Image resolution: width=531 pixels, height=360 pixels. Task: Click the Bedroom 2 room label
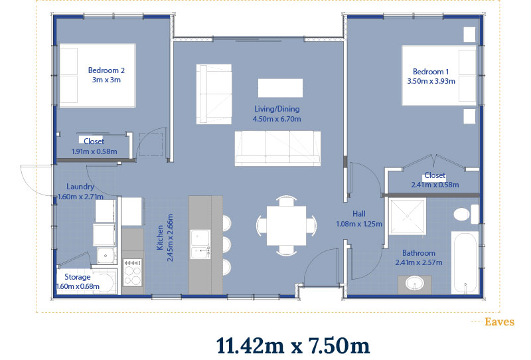tap(106, 70)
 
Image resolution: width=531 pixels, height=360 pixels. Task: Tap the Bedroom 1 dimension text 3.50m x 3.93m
tap(431, 81)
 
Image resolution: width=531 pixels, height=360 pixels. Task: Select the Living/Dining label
tap(277, 109)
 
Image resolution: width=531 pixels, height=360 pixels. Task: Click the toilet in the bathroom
tap(466, 215)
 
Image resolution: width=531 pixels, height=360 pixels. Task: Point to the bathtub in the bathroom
tap(465, 263)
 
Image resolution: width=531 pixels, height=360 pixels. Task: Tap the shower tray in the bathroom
tap(408, 217)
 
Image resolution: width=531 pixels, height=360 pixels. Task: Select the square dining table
tap(286, 225)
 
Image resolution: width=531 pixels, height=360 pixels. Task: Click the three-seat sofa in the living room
tap(277, 148)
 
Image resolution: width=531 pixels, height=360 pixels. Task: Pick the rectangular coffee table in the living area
tap(280, 88)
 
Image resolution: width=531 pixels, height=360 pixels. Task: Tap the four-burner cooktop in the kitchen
tap(132, 272)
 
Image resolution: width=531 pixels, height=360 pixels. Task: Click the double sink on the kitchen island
tap(200, 244)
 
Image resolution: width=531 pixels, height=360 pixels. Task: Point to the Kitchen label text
tap(160, 238)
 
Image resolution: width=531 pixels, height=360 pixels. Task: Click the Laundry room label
tap(80, 187)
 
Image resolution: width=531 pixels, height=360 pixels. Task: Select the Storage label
tap(77, 277)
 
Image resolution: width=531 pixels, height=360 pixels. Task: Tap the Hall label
tap(359, 214)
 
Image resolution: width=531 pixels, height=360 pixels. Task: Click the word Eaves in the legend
tap(500, 321)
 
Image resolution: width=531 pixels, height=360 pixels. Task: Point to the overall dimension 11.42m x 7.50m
tap(293, 346)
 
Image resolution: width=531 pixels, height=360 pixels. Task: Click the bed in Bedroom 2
tap(98, 76)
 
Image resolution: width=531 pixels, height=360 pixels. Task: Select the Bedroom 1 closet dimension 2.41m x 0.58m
tap(435, 185)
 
